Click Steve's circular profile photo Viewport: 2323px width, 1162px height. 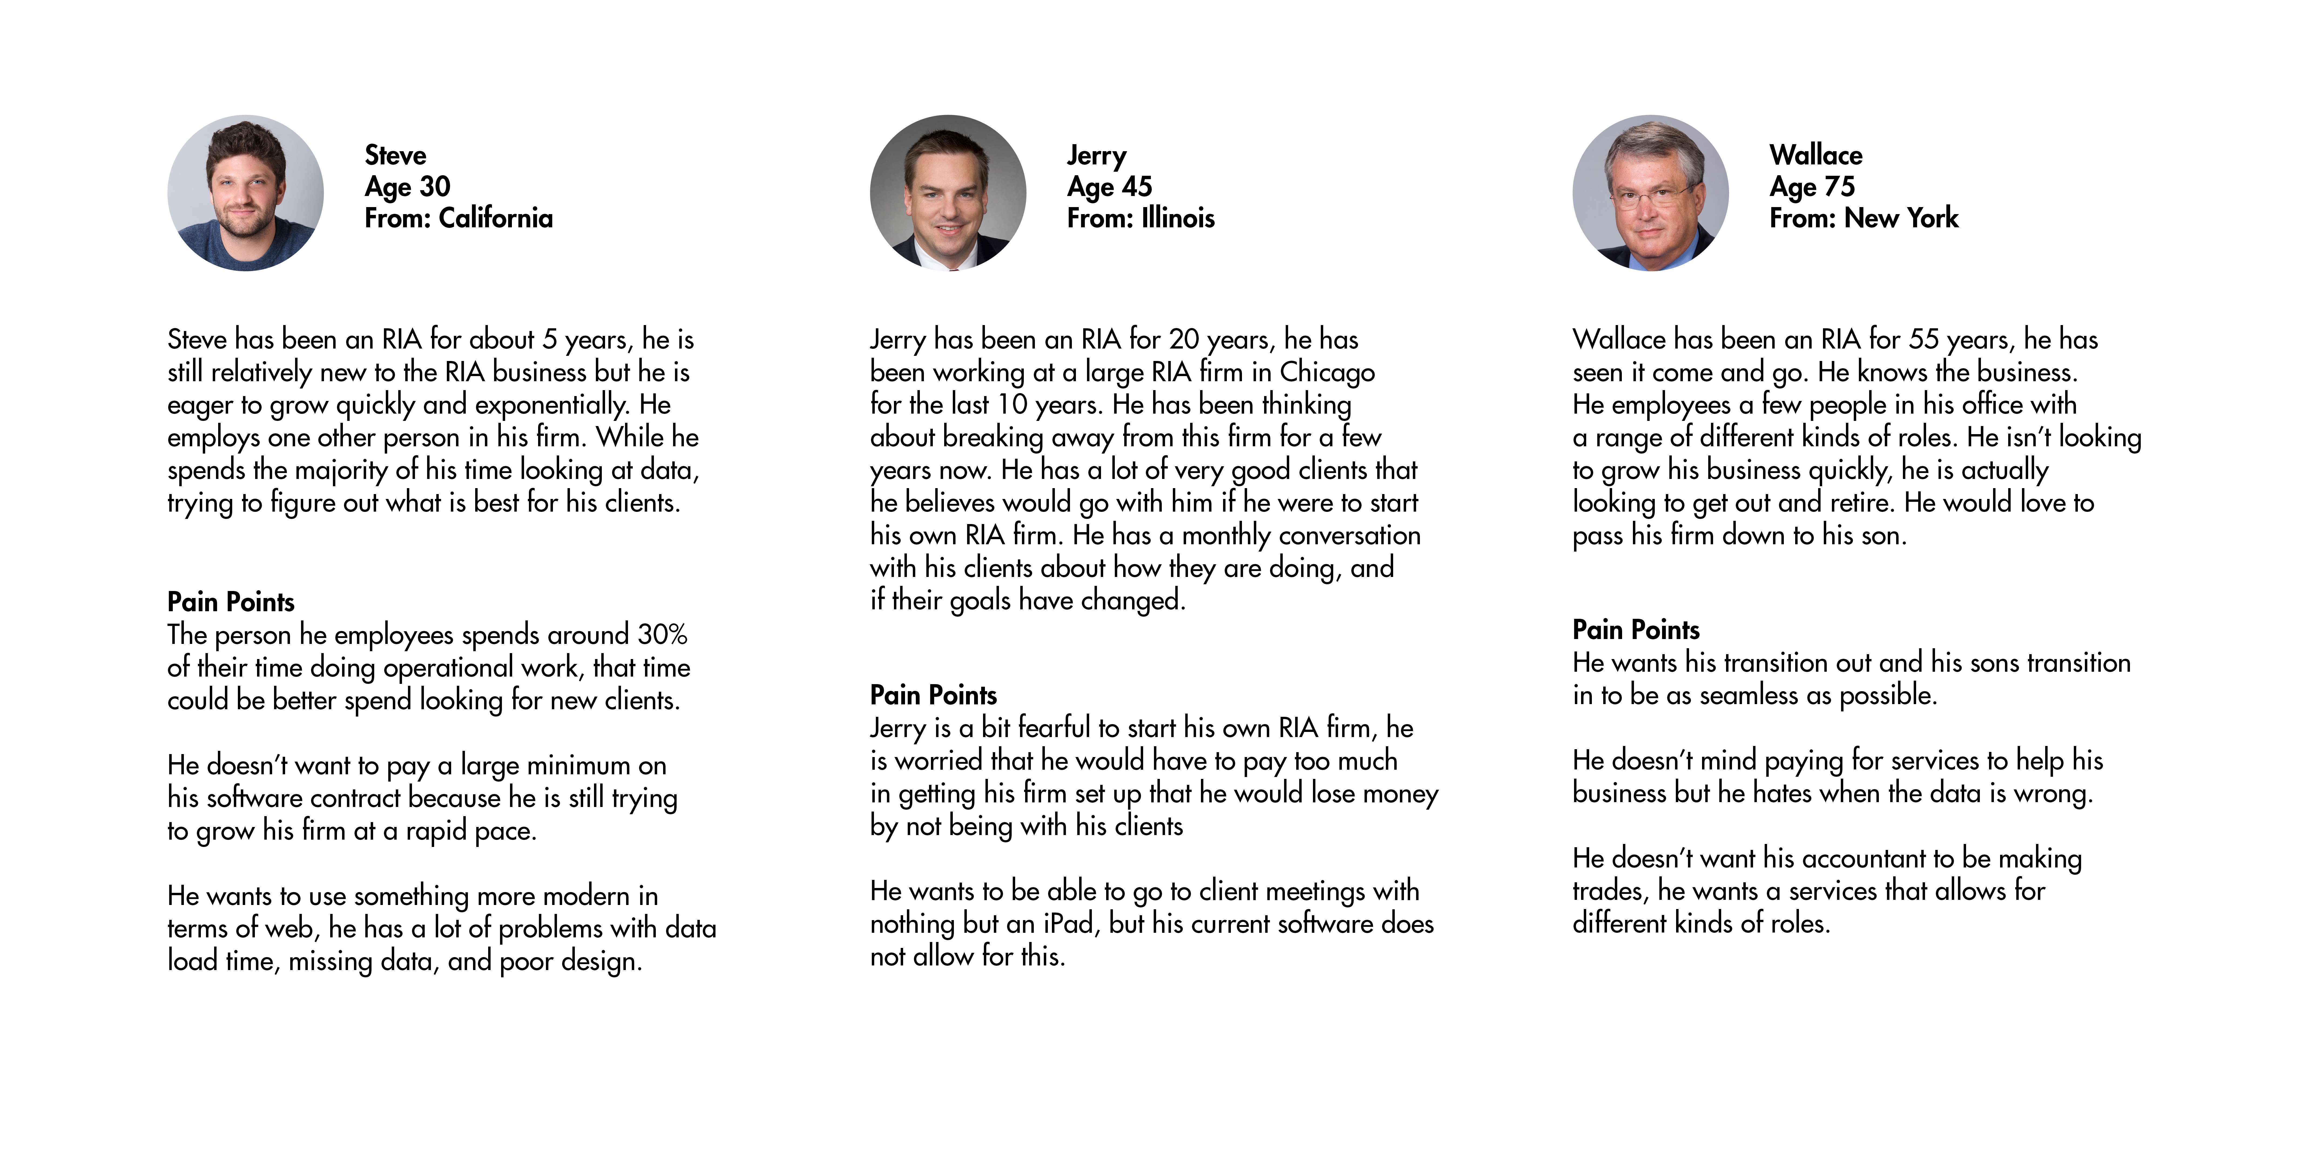click(x=245, y=193)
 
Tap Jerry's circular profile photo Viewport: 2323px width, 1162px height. click(x=948, y=193)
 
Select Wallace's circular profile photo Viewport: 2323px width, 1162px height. click(x=1650, y=193)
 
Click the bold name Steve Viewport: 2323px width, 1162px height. click(x=395, y=155)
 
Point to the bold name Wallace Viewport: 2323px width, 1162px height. click(x=1815, y=155)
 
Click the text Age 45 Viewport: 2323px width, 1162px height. click(x=1109, y=187)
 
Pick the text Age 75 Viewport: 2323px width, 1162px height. click(x=1812, y=187)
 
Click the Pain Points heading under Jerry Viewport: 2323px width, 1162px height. click(x=933, y=695)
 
